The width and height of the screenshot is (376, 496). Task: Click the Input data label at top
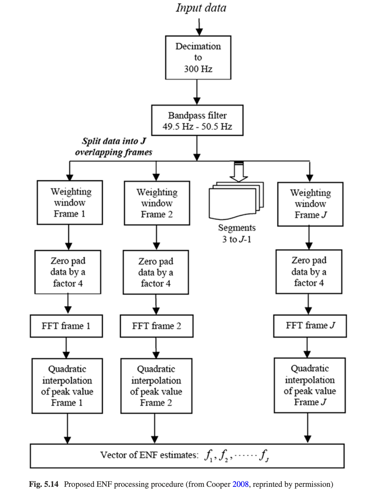pos(201,8)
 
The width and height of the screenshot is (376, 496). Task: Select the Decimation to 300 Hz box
pos(198,57)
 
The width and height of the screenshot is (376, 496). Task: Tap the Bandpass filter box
pos(197,120)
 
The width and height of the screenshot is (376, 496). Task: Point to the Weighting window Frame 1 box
pos(70,202)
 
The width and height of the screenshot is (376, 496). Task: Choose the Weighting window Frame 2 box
pos(157,203)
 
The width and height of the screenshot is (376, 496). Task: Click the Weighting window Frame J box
pos(310,204)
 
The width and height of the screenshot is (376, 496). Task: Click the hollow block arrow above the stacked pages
pos(239,172)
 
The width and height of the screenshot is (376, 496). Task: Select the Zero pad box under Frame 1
pos(68,272)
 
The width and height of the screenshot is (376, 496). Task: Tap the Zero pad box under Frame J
pos(309,272)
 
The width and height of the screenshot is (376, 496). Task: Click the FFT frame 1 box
pos(66,326)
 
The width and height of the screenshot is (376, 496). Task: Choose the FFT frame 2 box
pos(156,326)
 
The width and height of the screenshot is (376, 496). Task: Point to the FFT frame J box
pos(310,326)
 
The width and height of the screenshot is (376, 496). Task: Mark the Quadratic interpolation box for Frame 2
pos(156,386)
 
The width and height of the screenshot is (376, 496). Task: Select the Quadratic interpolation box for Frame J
pos(309,385)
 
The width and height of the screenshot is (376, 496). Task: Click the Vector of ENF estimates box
pos(187,456)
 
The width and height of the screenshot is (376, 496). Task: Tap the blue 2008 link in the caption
pos(240,484)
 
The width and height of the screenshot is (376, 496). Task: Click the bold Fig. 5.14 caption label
pos(44,484)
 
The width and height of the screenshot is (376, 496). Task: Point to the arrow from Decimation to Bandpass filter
pos(197,92)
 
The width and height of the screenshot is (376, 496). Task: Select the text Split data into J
pos(114,141)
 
